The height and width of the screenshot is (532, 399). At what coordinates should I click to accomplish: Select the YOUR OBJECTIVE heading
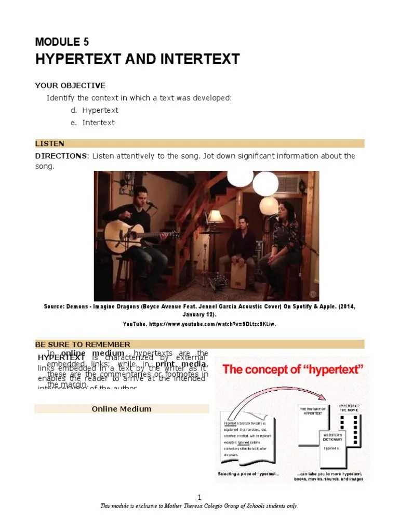pos(70,85)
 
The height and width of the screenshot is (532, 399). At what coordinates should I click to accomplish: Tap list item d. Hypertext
pos(95,110)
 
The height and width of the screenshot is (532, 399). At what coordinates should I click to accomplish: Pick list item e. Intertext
pos(92,123)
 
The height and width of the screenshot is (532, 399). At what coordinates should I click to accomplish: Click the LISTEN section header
pos(50,143)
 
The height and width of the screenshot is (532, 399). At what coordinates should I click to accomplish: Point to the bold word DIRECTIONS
pos(61,156)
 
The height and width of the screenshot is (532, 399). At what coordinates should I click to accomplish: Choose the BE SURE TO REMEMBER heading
pos(83,344)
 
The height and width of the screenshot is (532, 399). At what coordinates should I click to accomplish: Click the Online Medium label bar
pos(122,409)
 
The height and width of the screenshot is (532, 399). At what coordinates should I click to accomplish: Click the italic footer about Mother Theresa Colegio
pos(199,506)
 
